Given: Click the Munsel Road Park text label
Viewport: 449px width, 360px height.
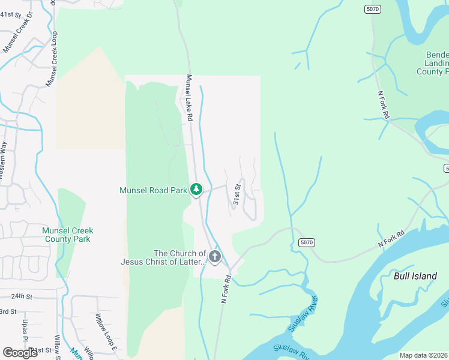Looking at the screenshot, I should (154, 190).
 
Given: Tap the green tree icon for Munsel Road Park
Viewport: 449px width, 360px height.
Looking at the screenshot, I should (196, 190).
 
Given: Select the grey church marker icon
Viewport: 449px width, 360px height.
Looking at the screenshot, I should (215, 257).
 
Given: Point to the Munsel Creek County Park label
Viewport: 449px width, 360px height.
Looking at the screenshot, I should (68, 235).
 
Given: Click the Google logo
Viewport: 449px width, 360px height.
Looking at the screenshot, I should (20, 352).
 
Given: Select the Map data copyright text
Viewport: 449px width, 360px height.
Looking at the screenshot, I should (424, 355).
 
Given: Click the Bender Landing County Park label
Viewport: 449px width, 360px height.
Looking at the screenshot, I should (433, 63).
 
